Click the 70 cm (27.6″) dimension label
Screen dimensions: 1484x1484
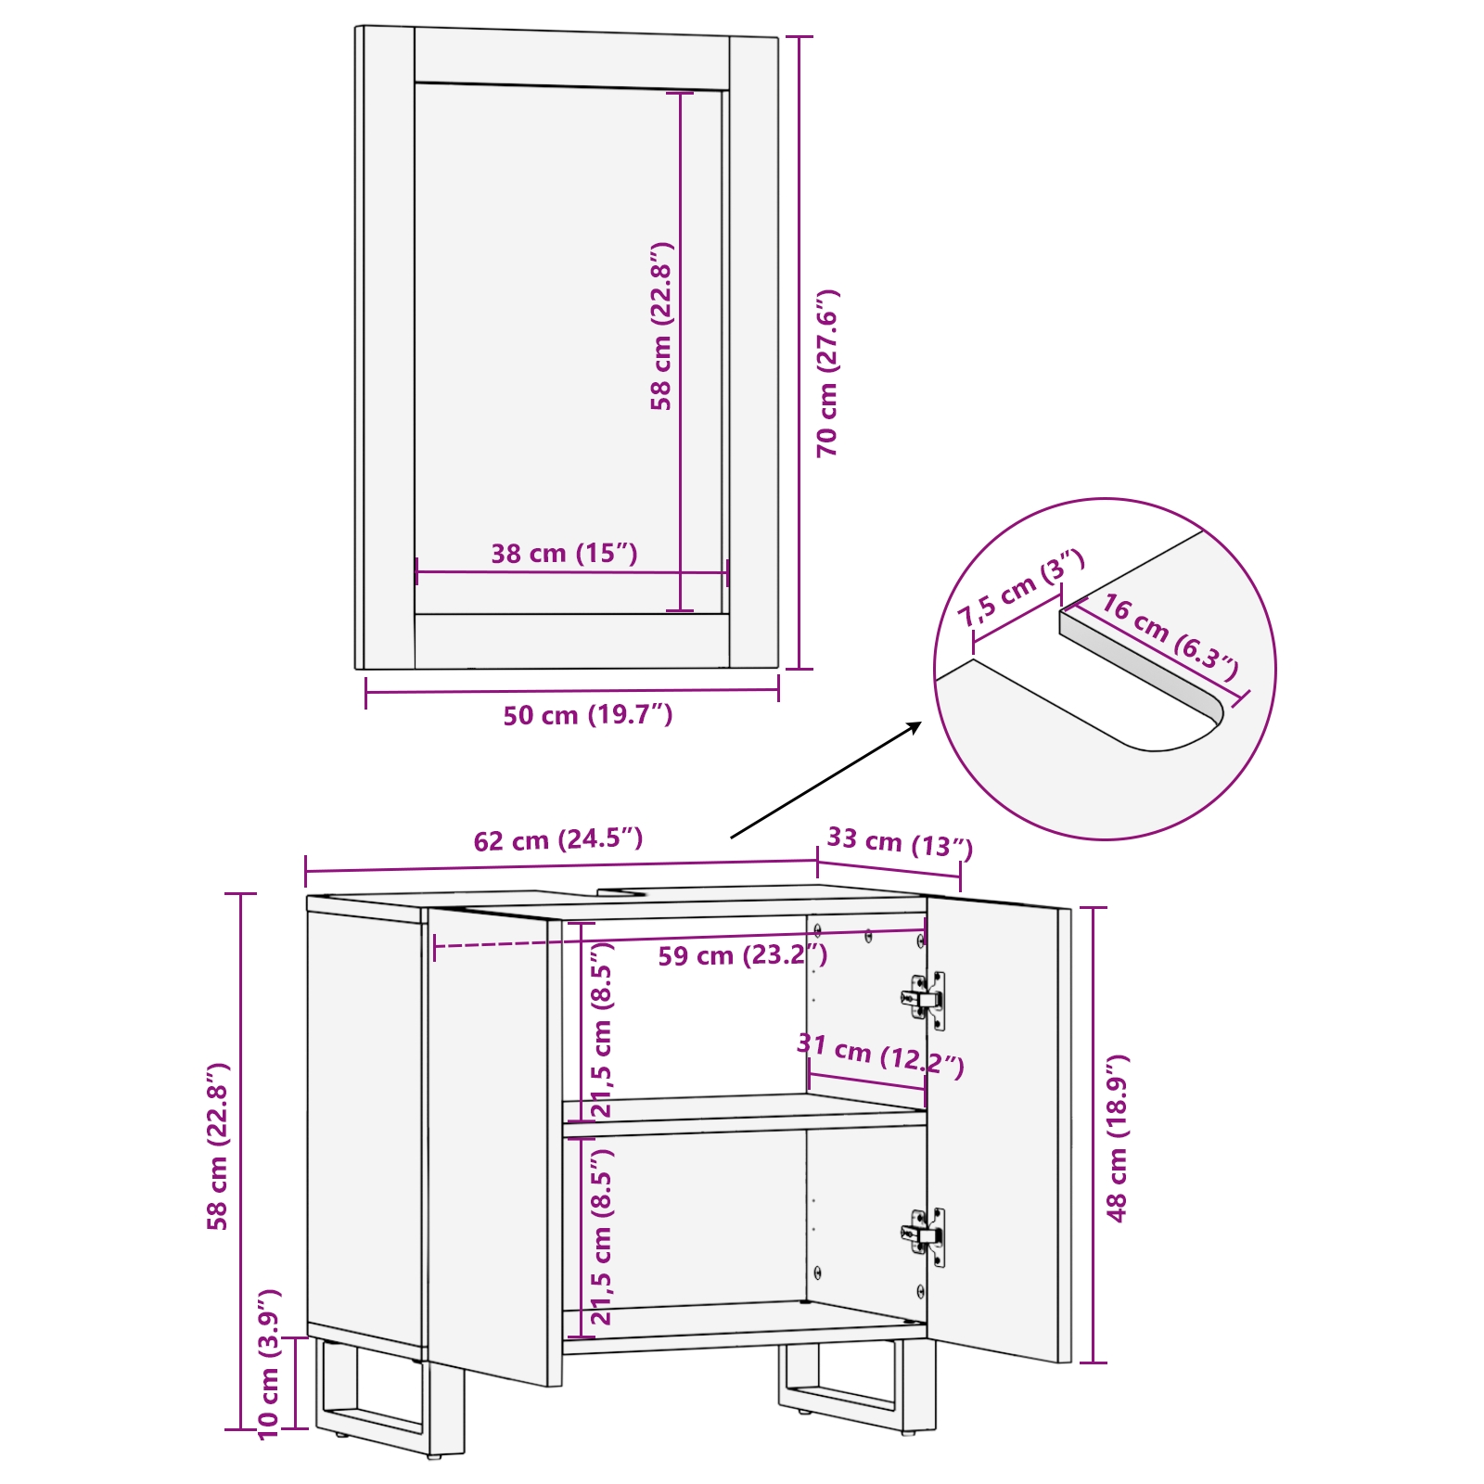tap(827, 373)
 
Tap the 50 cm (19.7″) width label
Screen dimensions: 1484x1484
tap(587, 715)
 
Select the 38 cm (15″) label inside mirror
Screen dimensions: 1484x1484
tap(564, 554)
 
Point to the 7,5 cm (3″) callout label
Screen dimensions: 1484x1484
tap(1020, 588)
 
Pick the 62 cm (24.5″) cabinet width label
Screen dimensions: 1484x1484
tap(557, 840)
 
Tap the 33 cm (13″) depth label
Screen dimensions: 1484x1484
tap(899, 842)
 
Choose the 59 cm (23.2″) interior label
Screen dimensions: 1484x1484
tap(742, 955)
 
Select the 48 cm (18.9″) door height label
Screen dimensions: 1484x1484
tap(1117, 1137)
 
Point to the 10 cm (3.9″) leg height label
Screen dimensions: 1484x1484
tap(269, 1363)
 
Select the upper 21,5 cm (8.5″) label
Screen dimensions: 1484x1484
tap(602, 1030)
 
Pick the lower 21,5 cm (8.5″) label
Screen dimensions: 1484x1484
tap(602, 1237)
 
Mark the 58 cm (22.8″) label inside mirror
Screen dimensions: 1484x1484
tap(660, 326)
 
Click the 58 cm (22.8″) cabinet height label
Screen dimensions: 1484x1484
tap(217, 1146)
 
